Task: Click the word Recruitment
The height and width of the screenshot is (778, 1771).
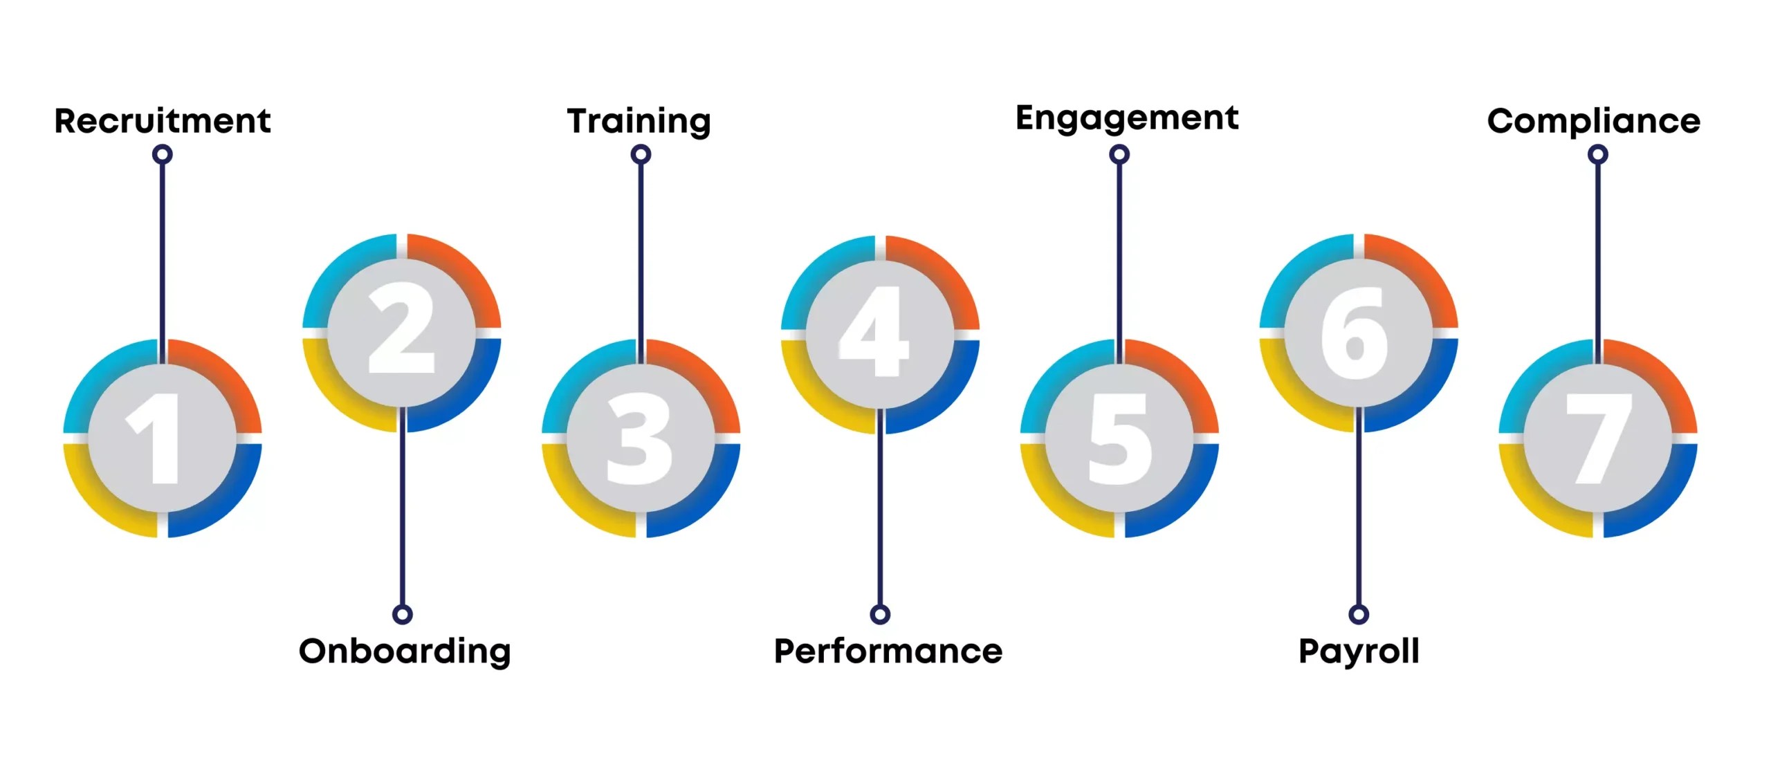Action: click(x=163, y=121)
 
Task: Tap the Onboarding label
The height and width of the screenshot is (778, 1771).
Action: click(x=405, y=651)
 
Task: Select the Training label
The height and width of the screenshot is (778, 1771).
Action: click(x=639, y=121)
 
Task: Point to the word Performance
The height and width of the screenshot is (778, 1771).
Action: click(x=888, y=651)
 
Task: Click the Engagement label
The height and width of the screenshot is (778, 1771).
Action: click(x=1127, y=118)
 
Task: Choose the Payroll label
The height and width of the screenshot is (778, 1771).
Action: click(x=1359, y=651)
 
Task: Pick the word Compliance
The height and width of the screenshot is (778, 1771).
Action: click(x=1594, y=121)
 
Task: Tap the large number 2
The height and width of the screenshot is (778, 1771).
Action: click(x=401, y=328)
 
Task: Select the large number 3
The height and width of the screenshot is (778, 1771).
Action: click(x=640, y=438)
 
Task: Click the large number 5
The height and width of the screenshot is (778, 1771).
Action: click(x=1119, y=438)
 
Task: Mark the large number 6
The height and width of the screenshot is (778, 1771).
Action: click(x=1355, y=332)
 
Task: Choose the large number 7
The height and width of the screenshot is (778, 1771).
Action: click(x=1598, y=438)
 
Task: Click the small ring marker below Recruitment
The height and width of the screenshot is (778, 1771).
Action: click(x=163, y=154)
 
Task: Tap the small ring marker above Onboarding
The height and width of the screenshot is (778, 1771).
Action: click(x=403, y=614)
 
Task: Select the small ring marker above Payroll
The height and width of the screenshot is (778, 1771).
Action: click(x=1359, y=614)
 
